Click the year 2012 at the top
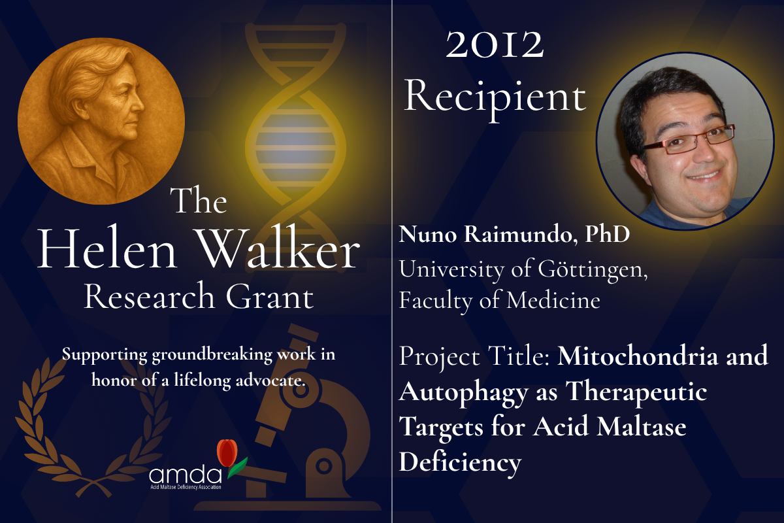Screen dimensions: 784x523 [495, 45]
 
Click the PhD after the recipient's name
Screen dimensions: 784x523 [608, 234]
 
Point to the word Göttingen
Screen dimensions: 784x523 [593, 270]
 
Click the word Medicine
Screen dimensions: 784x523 [553, 300]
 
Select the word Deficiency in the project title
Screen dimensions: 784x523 [460, 462]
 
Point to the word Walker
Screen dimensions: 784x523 [278, 248]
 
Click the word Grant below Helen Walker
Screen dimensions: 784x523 [269, 296]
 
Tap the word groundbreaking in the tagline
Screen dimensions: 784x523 [212, 355]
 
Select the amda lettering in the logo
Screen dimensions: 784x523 [185, 475]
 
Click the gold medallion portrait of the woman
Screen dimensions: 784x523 [101, 121]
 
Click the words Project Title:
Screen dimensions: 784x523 [474, 356]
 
